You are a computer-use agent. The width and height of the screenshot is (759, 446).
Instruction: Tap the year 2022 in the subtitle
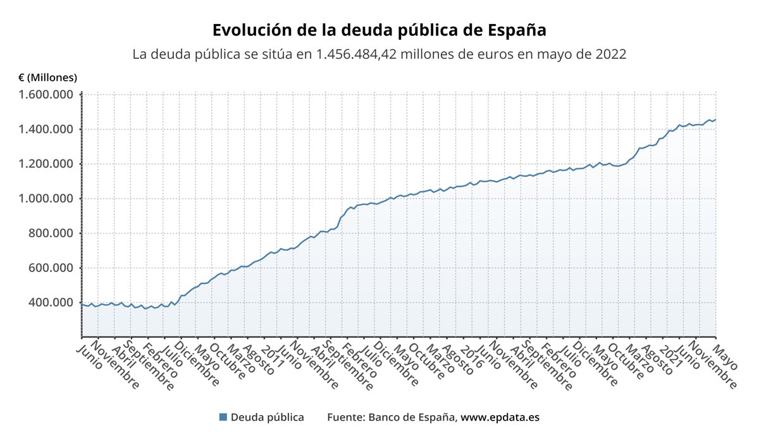click(x=610, y=54)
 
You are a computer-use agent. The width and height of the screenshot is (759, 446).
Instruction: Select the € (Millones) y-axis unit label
click(x=48, y=78)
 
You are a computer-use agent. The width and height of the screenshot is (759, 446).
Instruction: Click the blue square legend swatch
click(x=223, y=418)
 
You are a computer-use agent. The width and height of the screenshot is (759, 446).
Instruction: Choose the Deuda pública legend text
click(x=267, y=418)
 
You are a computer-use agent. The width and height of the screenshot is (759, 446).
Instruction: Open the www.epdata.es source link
click(x=500, y=418)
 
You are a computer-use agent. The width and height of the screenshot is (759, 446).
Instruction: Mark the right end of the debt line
click(x=715, y=120)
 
